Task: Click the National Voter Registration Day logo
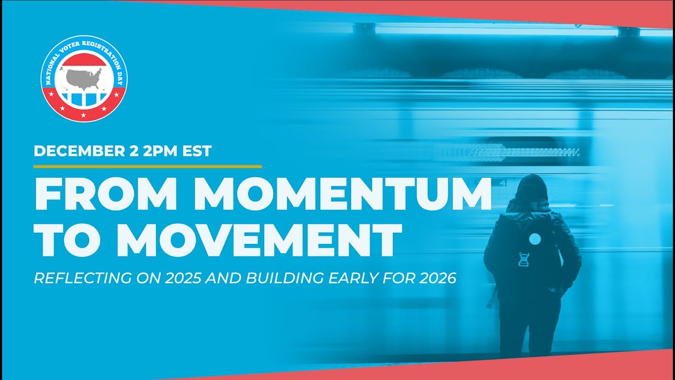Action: point(83,79)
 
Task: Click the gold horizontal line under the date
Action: point(147,166)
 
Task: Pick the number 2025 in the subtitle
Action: point(181,278)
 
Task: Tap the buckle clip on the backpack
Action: point(524,260)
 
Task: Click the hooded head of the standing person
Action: point(531,189)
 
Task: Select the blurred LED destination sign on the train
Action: point(506,153)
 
